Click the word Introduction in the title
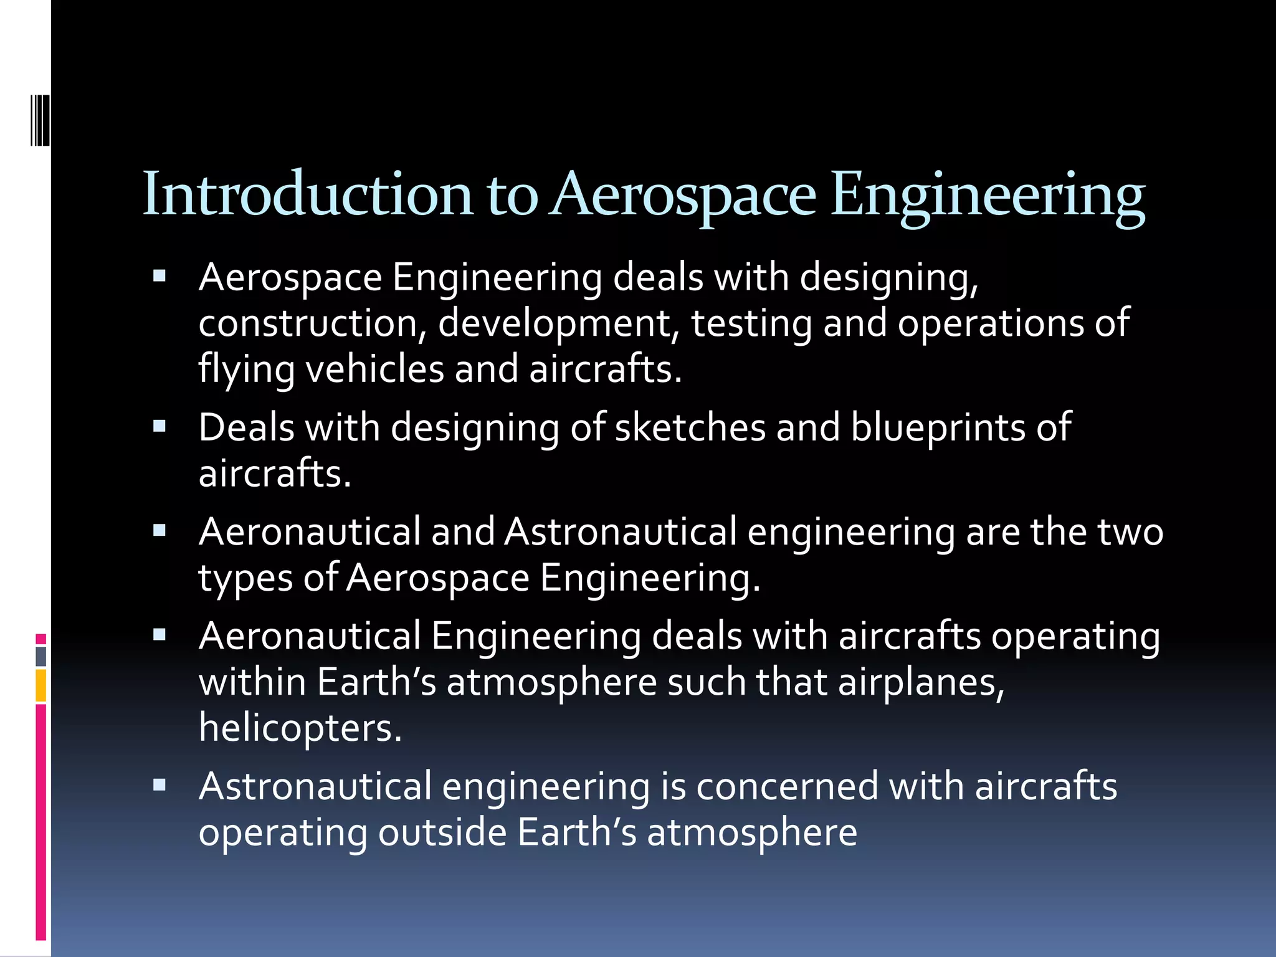click(308, 194)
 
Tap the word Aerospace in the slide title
click(683, 194)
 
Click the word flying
click(246, 369)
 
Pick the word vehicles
click(374, 368)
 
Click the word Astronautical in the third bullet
click(621, 532)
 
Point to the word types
click(245, 579)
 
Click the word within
click(252, 682)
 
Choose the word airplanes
click(921, 683)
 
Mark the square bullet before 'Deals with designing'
click(159, 427)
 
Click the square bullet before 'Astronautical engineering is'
click(159, 785)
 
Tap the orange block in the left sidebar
click(40, 685)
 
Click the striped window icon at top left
click(40, 120)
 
